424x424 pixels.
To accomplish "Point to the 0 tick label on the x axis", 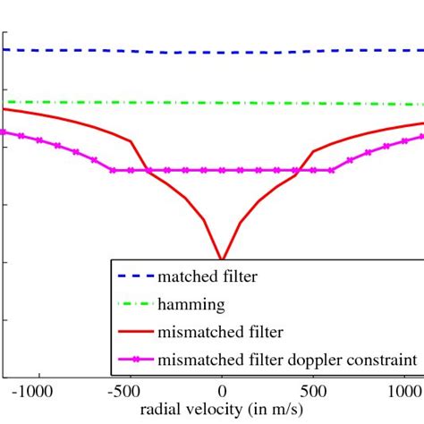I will tap(222, 391).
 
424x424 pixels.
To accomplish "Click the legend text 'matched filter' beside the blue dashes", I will tap(208, 277).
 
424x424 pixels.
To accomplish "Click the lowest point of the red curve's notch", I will tap(222, 259).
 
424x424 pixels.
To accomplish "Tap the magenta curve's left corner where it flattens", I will tap(112, 170).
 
